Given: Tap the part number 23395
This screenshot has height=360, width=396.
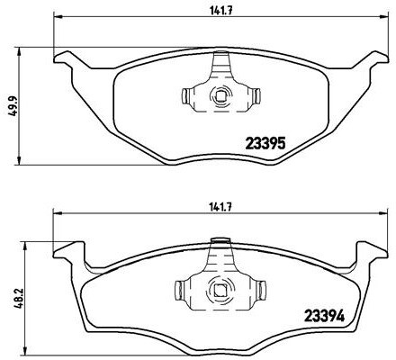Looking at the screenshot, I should [x=266, y=142].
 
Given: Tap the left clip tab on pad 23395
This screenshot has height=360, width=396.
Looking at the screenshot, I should [x=186, y=95].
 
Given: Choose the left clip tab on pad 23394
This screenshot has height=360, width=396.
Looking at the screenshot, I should [x=178, y=290].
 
